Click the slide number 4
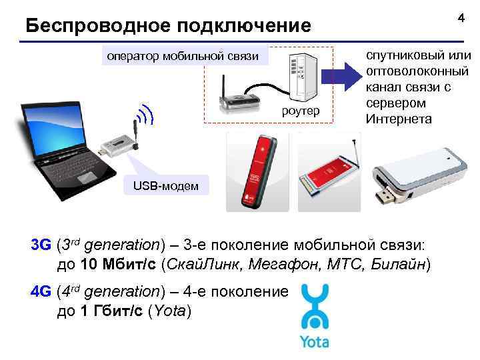(461, 19)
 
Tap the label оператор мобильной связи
(182, 56)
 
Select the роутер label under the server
(303, 109)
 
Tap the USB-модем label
(166, 185)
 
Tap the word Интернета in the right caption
(398, 119)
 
